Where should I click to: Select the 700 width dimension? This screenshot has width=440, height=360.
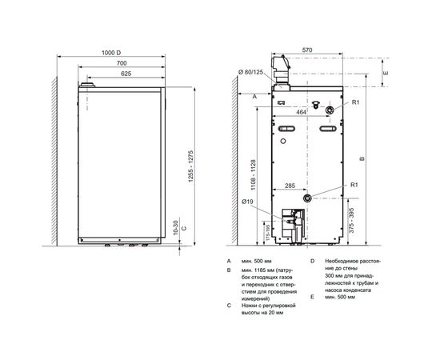click(x=121, y=62)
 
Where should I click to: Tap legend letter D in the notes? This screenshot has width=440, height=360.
click(x=311, y=261)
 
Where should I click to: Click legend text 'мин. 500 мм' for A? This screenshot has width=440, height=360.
click(x=255, y=261)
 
